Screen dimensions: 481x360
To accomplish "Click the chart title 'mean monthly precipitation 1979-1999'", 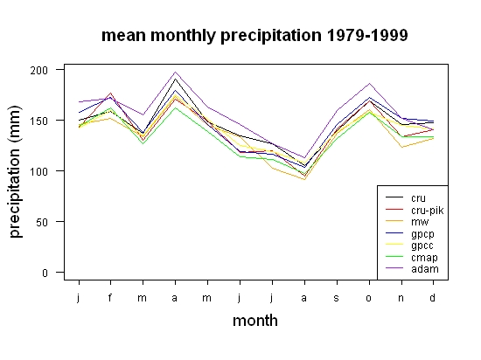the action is pyautogui.click(x=254, y=36).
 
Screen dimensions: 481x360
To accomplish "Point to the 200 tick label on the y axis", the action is pyautogui.click(x=39, y=70).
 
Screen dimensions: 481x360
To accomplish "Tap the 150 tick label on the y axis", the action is pyautogui.click(x=39, y=121).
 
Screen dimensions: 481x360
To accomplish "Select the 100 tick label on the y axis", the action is pyautogui.click(x=39, y=171).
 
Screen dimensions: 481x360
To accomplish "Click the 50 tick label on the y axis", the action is pyautogui.click(x=42, y=222).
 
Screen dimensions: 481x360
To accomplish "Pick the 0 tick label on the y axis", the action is pyautogui.click(x=45, y=273).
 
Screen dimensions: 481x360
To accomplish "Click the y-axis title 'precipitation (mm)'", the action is pyautogui.click(x=15, y=171).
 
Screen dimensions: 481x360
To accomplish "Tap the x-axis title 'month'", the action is pyautogui.click(x=255, y=321).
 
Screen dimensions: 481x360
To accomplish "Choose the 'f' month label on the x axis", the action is pyautogui.click(x=110, y=297).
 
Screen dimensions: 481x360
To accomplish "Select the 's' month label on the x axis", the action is pyautogui.click(x=336, y=298).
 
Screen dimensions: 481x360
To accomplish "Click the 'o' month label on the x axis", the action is pyautogui.click(x=369, y=298).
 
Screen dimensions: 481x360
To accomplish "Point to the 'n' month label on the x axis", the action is pyautogui.click(x=401, y=298).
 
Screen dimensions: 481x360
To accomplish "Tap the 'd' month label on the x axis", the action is pyautogui.click(x=432, y=297).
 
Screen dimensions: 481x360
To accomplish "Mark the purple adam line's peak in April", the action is pyautogui.click(x=175, y=72).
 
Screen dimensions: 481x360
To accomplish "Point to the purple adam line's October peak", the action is pyautogui.click(x=369, y=83).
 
